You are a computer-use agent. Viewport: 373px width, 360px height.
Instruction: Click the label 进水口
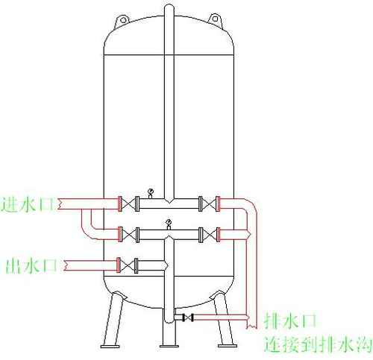point(28,204)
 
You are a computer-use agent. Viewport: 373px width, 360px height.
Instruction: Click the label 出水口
point(31,265)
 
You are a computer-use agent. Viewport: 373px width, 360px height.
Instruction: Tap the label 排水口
point(289,320)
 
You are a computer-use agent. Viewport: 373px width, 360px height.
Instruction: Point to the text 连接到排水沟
point(318,344)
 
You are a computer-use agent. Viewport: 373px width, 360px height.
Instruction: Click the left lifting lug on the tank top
point(122,21)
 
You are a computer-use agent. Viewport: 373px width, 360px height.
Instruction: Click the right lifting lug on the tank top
point(216,19)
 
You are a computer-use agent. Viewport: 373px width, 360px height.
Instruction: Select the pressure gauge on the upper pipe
point(150,193)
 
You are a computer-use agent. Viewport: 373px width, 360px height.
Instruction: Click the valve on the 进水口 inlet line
point(128,203)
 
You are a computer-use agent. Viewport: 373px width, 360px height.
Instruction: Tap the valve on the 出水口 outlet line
point(128,265)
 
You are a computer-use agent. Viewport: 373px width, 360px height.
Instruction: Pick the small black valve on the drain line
point(188,318)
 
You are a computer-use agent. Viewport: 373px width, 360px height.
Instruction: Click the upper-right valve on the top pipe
point(210,203)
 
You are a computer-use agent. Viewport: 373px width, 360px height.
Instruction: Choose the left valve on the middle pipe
point(129,235)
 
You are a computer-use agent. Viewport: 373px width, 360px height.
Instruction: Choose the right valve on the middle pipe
point(210,235)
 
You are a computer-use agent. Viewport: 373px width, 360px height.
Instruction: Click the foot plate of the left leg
point(110,346)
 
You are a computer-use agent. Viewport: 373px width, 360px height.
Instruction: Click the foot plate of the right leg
point(228,345)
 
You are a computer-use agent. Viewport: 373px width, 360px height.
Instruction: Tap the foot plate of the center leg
point(169,346)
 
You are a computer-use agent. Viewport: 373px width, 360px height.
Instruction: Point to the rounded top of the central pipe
point(169,8)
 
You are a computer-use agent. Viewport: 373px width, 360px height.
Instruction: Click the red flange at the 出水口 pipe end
point(119,265)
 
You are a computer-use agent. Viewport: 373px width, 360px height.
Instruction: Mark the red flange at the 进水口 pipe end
point(120,203)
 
